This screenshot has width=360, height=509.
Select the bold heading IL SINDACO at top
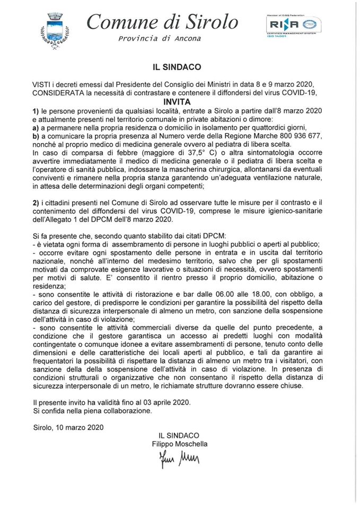point(179,68)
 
